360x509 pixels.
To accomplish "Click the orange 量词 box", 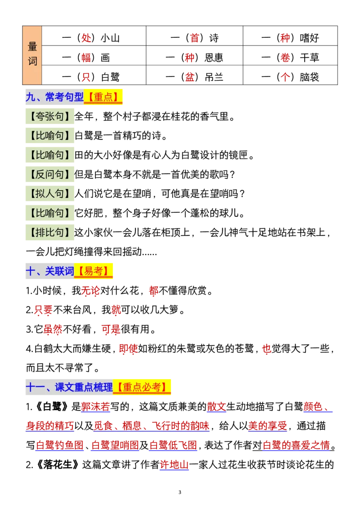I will tap(32, 55).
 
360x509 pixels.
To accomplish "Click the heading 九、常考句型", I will tap(54, 97).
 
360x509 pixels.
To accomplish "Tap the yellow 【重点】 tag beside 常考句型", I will tap(103, 97).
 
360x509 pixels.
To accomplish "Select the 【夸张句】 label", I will tap(50, 116).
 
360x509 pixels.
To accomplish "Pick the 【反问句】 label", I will tap(50, 174).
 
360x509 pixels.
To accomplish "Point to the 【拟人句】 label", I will tap(50, 194).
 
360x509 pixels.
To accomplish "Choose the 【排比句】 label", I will tap(50, 232).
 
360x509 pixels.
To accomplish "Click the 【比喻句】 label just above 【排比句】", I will tap(50, 213).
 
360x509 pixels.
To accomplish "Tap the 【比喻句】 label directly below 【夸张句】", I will tap(50, 136).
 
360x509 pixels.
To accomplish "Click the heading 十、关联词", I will tap(49, 271).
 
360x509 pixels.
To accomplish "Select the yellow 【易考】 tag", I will tap(94, 271).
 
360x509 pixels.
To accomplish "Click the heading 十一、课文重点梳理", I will tap(69, 387).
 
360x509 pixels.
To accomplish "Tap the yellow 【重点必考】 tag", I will tap(142, 387).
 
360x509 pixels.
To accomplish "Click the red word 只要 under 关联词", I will tap(43, 310).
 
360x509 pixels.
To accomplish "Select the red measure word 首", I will tap(194, 38).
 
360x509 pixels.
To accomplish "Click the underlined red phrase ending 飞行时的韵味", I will tap(152, 425).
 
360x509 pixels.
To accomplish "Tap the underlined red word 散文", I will tap(216, 406).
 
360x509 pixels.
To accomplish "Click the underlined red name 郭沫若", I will tap(95, 406).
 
